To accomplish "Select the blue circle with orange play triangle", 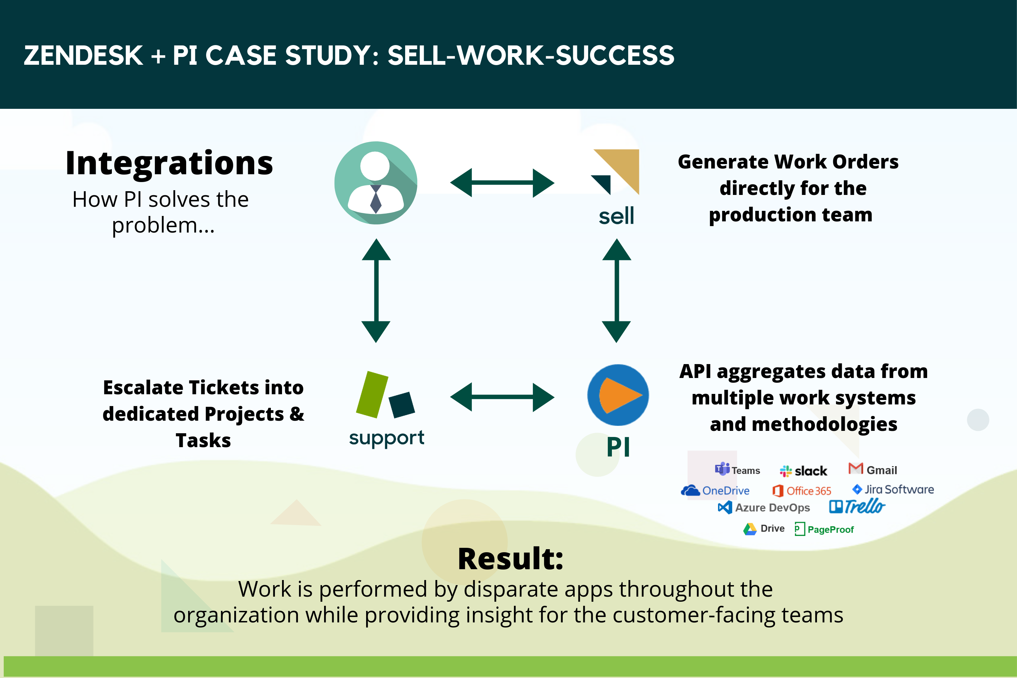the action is click(x=618, y=395).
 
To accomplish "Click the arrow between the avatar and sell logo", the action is click(x=502, y=183).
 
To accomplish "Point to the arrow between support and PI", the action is click(x=502, y=397).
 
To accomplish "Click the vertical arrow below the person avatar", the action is click(x=376, y=291).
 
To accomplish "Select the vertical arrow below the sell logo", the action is click(x=617, y=291).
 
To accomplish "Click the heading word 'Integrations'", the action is click(x=169, y=163).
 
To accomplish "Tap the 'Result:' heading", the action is click(x=511, y=559).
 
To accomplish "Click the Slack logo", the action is click(x=803, y=471).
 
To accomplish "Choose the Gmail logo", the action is click(x=873, y=469).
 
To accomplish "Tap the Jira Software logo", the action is click(x=893, y=490).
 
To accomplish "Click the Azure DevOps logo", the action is click(x=764, y=507).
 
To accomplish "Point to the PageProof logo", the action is click(x=824, y=529).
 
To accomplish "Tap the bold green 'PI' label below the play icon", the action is click(x=618, y=447).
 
